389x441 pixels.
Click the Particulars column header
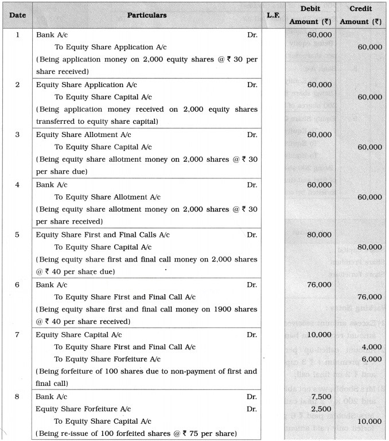tap(147, 15)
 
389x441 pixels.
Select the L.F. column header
tap(273, 15)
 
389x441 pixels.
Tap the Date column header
tap(17, 15)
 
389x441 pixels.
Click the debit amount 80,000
tap(319, 235)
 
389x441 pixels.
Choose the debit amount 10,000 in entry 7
tap(319, 334)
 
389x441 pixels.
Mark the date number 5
tap(17, 235)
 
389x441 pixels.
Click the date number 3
tap(17, 134)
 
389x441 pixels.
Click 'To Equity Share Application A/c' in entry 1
tap(107, 47)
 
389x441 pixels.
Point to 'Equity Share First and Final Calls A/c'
tap(103, 235)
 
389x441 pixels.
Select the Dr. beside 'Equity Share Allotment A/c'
tap(252, 134)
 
